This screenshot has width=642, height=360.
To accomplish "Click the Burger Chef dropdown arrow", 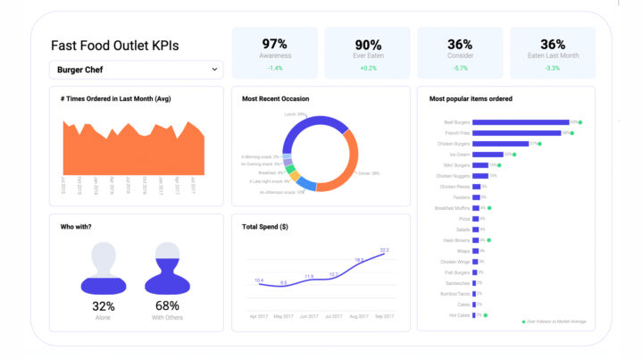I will tap(214, 69).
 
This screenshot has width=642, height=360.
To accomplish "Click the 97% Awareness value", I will tap(274, 44).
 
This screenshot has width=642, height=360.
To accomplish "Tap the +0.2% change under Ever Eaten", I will tap(367, 68).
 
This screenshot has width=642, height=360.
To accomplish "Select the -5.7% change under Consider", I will tap(460, 68).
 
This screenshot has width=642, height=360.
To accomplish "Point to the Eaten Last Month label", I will tap(552, 55).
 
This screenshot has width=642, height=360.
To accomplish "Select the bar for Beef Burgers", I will tap(520, 122).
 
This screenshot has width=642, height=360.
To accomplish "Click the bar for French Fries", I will tap(516, 133).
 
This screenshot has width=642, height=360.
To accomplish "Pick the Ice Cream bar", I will tap(487, 155).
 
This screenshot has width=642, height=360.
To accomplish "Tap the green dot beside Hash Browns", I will tap(489, 240).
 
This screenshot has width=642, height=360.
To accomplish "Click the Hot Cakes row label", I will tap(458, 315).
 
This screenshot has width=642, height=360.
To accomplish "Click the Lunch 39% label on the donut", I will tap(296, 115).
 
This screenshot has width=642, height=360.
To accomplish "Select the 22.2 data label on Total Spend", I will tap(384, 250).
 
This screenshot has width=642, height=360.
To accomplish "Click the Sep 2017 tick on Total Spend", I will tap(384, 317).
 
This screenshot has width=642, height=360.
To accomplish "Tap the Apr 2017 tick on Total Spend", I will tap(259, 317).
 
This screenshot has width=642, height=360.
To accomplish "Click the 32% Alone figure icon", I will tap(104, 268).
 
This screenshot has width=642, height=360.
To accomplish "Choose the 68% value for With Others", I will tap(168, 306).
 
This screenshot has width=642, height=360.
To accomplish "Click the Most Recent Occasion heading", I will tap(278, 98).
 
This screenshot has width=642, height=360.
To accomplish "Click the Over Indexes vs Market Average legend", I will tap(554, 321).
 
